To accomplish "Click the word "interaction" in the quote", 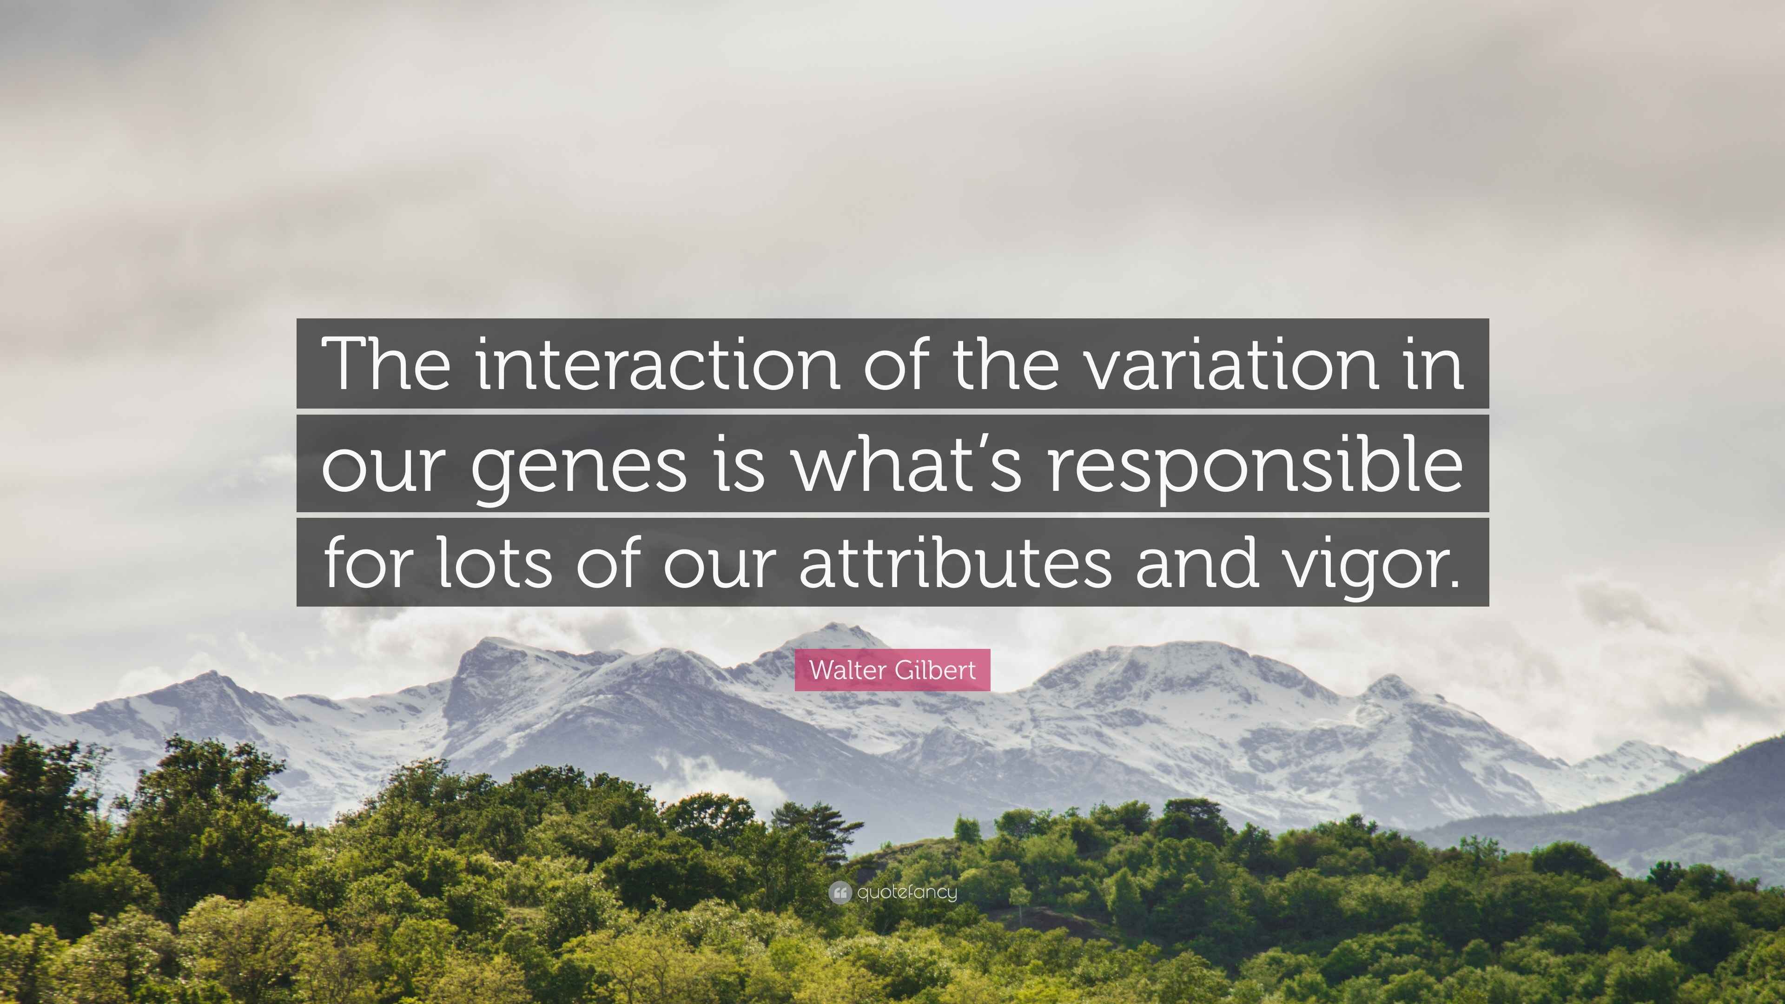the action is pos(658,364).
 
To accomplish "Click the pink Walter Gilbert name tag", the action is pos(892,670).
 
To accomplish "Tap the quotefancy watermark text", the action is pos(907,892).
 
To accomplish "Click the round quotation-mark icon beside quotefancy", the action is pos(840,893).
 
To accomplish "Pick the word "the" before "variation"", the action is pos(1006,364).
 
